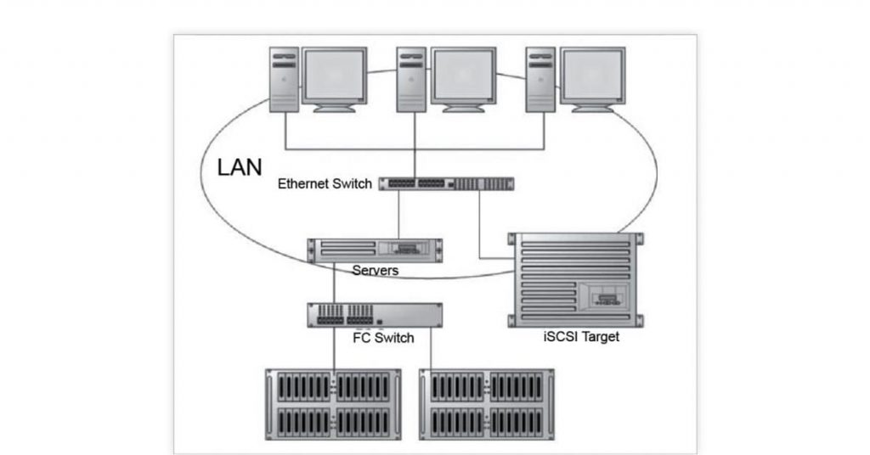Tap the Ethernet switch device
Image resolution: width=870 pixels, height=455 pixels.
click(x=447, y=183)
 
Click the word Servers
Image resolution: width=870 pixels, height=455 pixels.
click(x=376, y=271)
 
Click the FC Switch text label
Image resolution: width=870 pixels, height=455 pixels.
click(x=383, y=338)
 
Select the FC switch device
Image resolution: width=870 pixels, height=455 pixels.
click(x=374, y=315)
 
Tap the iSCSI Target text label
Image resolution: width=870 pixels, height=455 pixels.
click(x=581, y=337)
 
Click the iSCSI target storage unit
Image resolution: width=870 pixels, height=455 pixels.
click(x=575, y=278)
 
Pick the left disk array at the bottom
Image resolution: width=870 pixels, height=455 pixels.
click(x=333, y=402)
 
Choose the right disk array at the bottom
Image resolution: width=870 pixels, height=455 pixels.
click(x=487, y=402)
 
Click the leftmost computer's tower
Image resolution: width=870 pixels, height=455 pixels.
click(x=284, y=80)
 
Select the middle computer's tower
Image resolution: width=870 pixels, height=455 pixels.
click(x=411, y=80)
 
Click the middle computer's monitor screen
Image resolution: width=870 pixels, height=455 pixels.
click(x=463, y=76)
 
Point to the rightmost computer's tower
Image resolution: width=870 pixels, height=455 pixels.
click(x=540, y=80)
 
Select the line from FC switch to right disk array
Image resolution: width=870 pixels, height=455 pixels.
click(x=431, y=348)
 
